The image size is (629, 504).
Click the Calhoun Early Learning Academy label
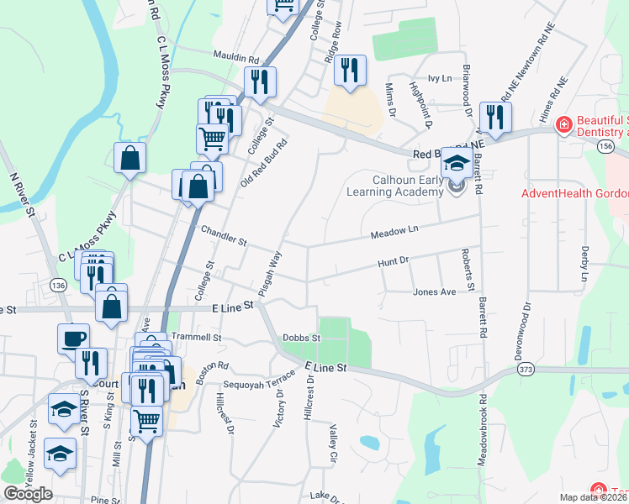pyautogui.click(x=394, y=186)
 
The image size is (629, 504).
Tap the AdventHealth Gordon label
pyautogui.click(x=574, y=192)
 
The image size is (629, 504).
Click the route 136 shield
pyautogui.click(x=58, y=285)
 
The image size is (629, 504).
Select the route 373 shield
pyautogui.click(x=526, y=370)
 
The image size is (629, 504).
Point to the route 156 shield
pyautogui.click(x=605, y=146)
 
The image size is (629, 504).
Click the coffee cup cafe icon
pyautogui.click(x=73, y=338)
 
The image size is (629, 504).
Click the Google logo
pyautogui.click(x=28, y=494)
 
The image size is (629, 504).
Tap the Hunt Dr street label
pyautogui.click(x=393, y=262)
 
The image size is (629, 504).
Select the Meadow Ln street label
pyautogui.click(x=394, y=230)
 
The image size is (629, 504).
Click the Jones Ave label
pyautogui.click(x=434, y=292)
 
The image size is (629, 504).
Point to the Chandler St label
pyautogui.click(x=223, y=235)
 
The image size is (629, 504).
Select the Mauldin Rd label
pyautogui.click(x=236, y=58)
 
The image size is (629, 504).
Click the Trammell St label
pyautogui.click(x=196, y=337)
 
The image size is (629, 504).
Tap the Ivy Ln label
pyautogui.click(x=441, y=78)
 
